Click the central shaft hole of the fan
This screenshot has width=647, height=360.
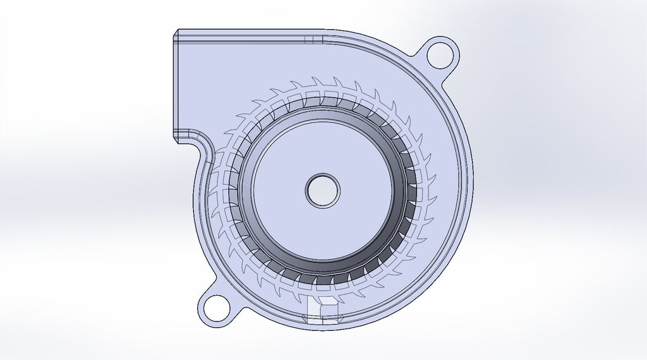[x=322, y=189]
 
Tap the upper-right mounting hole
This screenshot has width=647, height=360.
[x=439, y=55]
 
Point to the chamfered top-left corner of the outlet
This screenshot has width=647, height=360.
[x=176, y=33]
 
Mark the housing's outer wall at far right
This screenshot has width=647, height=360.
[x=471, y=189]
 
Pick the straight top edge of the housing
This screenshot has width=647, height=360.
[x=253, y=30]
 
